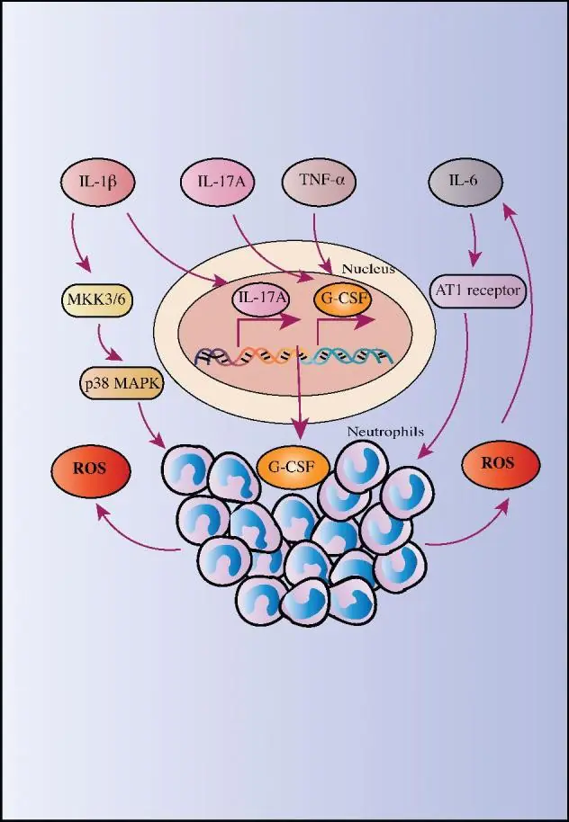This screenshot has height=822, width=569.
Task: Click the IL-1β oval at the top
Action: pos(97,183)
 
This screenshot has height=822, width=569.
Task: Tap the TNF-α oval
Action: pos(320,182)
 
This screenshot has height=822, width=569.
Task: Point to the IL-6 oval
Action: pos(465,182)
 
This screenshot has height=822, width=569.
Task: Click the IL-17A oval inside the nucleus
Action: pos(262,299)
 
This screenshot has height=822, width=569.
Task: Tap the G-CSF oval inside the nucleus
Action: pos(343,299)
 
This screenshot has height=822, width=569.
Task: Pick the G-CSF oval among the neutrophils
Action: pos(294,467)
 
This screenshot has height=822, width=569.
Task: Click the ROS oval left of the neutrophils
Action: pos(91,469)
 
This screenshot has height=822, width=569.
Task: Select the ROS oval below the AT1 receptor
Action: pos(501,464)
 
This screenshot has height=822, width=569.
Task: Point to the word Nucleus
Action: pos(368,269)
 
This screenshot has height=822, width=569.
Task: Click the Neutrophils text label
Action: pos(385,433)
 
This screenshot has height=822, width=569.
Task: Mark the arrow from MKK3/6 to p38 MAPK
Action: pos(108,344)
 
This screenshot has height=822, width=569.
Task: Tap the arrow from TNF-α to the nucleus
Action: pos(321,243)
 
